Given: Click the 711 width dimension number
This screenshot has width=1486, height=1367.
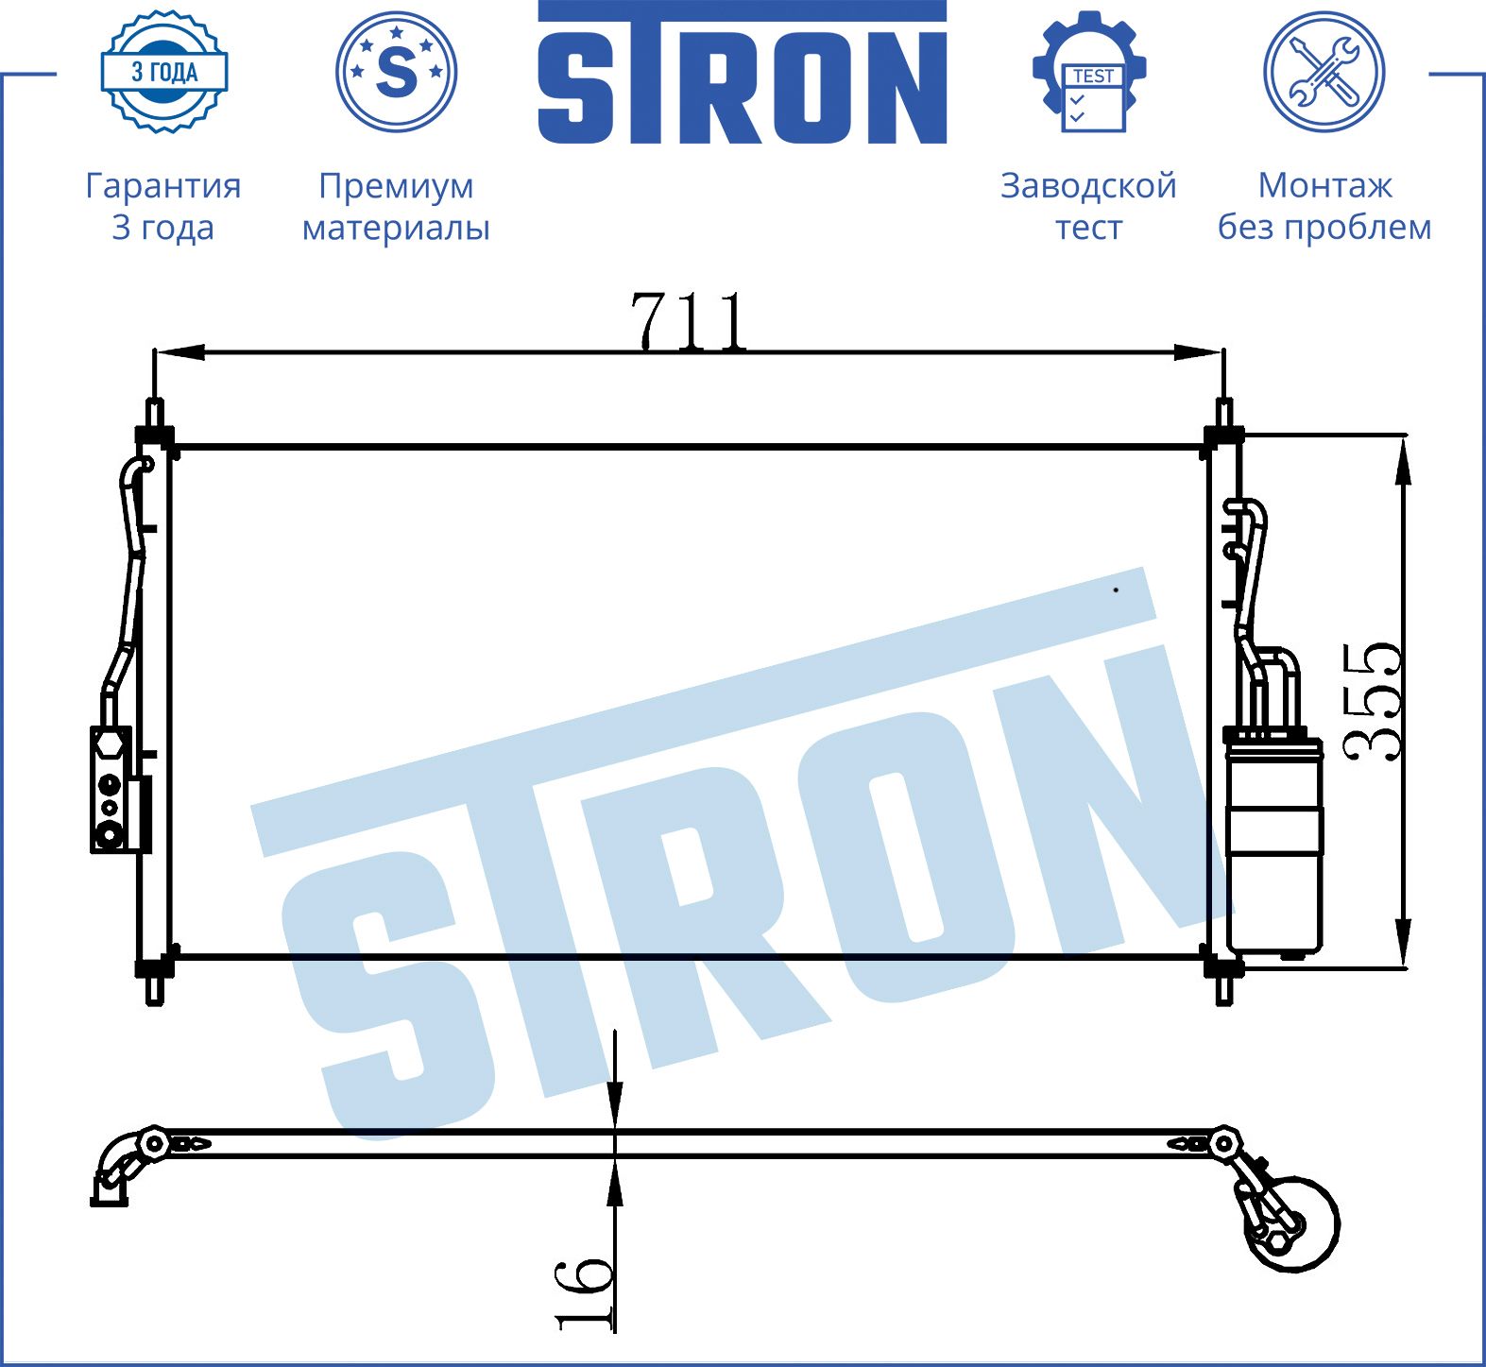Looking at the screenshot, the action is coord(690,321).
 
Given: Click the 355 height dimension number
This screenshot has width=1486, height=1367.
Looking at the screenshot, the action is coord(1371,701).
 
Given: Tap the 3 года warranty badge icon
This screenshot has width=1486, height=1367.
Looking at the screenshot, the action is coord(164,72).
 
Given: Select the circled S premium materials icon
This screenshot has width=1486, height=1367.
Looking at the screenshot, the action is coord(397,72).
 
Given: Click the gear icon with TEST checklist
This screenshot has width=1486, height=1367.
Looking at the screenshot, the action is coord(1090,72).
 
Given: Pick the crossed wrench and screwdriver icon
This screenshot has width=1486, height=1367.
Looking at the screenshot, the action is coord(1324,72).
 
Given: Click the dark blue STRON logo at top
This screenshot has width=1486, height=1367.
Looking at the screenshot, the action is coord(743,73).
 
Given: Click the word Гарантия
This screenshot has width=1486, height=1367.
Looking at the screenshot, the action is coord(163,185).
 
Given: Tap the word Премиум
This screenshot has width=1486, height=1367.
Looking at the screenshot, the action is coord(396,186).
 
